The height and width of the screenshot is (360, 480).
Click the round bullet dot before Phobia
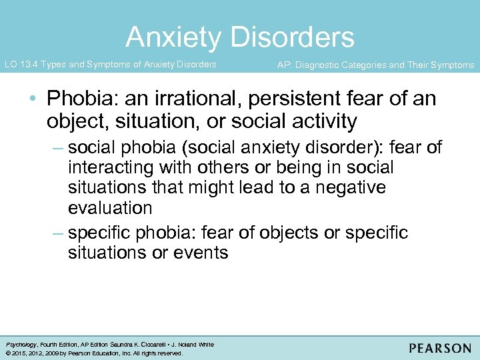tap(33, 100)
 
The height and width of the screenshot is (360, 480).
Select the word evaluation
tap(110, 207)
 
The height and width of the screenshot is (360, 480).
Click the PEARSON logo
tap(440, 348)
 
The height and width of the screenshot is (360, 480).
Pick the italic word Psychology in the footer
tap(20, 345)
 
